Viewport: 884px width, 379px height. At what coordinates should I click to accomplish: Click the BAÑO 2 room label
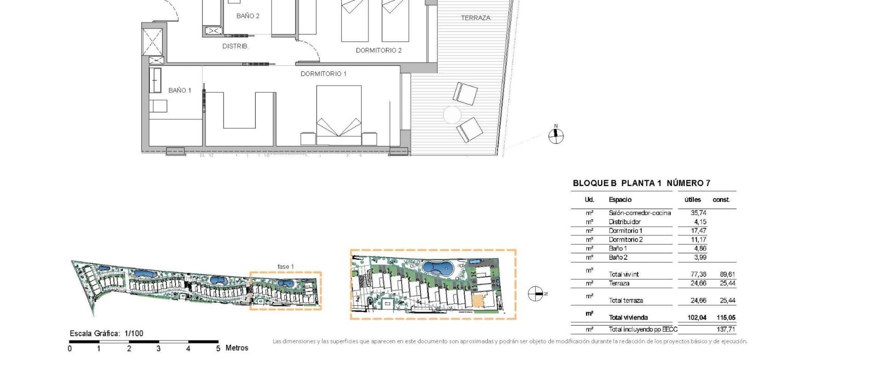coord(248,16)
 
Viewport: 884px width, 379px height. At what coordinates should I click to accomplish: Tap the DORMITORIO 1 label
coord(323,74)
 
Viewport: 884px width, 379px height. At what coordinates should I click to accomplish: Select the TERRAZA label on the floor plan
coord(476,18)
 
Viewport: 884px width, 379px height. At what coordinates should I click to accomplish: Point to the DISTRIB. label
coord(235,46)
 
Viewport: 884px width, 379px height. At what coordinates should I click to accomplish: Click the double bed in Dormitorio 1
coord(339,115)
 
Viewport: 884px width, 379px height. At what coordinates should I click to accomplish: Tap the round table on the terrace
coord(452,115)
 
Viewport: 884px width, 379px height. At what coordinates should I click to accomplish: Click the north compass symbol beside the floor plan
coord(556,135)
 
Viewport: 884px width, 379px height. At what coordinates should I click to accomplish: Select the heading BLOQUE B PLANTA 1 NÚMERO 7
coord(642,183)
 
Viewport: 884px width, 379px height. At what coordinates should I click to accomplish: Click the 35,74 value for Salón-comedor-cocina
coord(698,213)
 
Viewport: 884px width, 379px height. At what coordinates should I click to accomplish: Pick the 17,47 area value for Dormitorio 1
coord(698,231)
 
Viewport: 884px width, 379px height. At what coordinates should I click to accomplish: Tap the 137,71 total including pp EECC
coord(726,329)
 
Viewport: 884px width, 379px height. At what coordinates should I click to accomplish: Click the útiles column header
coord(692,200)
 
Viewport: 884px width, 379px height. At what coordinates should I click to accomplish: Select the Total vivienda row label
coord(628,317)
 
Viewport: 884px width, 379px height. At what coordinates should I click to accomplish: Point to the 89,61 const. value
coord(727,274)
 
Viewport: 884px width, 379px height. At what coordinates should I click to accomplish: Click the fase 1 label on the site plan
coord(285,267)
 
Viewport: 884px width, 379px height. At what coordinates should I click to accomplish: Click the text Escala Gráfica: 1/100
coord(106,333)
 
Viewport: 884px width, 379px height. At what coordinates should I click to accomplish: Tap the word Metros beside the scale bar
coord(237,348)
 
